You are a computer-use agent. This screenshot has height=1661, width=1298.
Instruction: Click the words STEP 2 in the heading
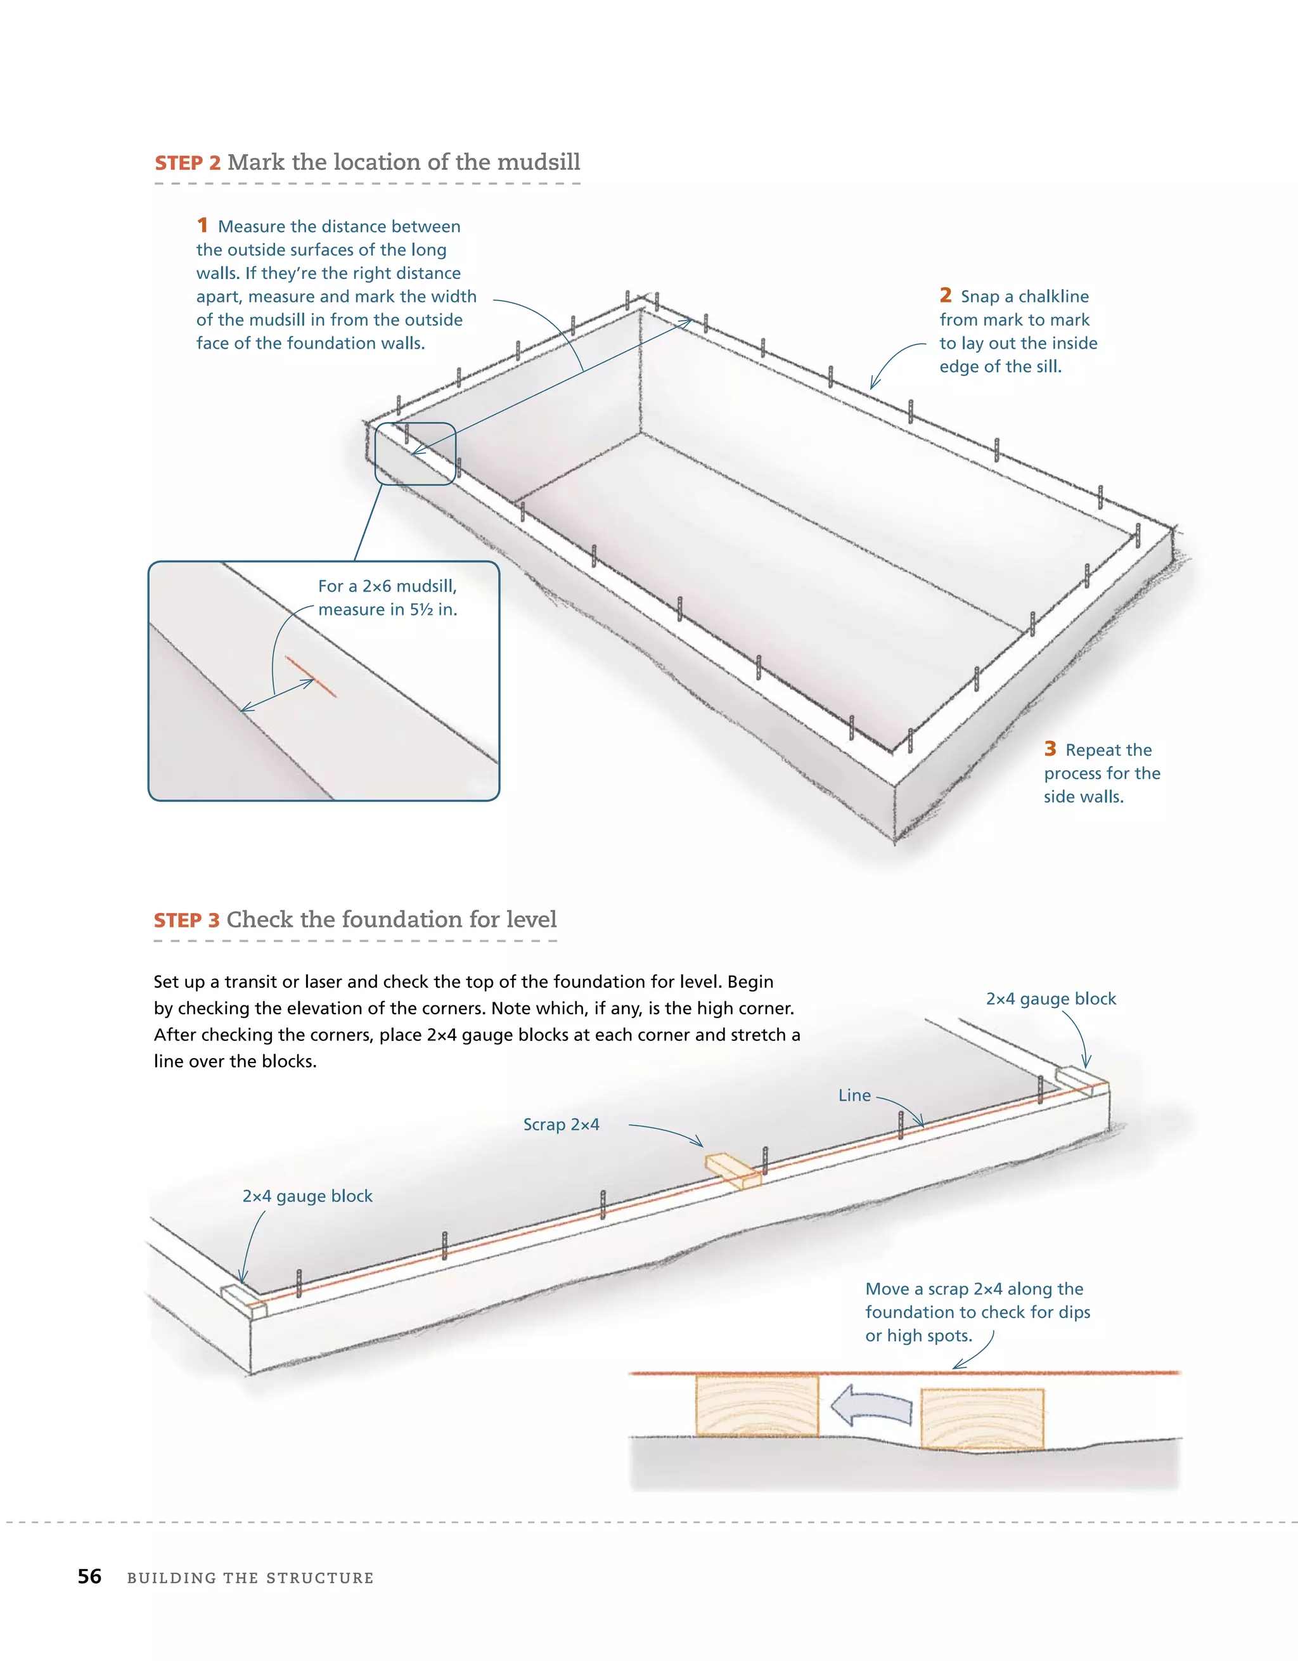187,163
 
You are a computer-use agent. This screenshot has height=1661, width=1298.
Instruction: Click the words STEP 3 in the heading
186,921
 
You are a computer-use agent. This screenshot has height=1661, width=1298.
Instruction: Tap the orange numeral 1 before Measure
202,225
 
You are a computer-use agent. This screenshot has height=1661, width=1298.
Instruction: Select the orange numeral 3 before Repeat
1050,749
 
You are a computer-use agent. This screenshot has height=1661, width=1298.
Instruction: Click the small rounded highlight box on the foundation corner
415,453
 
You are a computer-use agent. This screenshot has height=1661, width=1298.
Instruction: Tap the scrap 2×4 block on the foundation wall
732,1170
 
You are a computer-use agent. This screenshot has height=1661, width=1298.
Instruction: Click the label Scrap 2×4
561,1124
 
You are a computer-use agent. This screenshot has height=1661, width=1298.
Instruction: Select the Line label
854,1095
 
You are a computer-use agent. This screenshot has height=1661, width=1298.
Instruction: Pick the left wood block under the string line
757,1406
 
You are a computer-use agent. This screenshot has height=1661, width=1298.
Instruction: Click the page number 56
90,1577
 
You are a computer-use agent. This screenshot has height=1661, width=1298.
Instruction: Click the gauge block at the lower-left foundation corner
244,1300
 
